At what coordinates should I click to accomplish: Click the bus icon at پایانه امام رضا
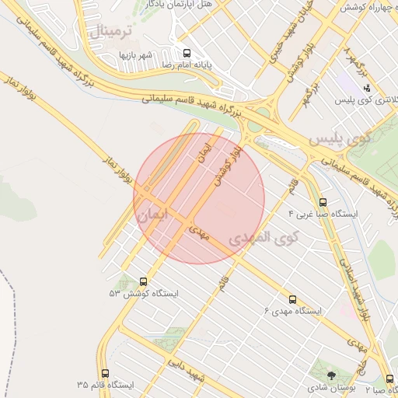click(186, 54)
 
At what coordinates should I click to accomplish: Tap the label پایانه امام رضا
click(187, 67)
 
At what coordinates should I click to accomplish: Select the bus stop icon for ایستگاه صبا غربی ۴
click(323, 201)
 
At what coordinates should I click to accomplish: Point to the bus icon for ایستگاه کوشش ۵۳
click(143, 281)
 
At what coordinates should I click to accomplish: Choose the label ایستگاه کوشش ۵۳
click(144, 294)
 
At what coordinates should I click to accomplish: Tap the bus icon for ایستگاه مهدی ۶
click(292, 299)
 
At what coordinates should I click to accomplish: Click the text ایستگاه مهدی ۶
click(293, 311)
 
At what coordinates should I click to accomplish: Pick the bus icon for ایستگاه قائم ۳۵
click(106, 373)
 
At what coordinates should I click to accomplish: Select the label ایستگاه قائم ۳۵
click(106, 386)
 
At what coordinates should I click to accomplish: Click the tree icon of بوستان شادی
click(333, 375)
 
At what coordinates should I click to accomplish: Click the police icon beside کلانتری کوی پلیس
click(366, 88)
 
